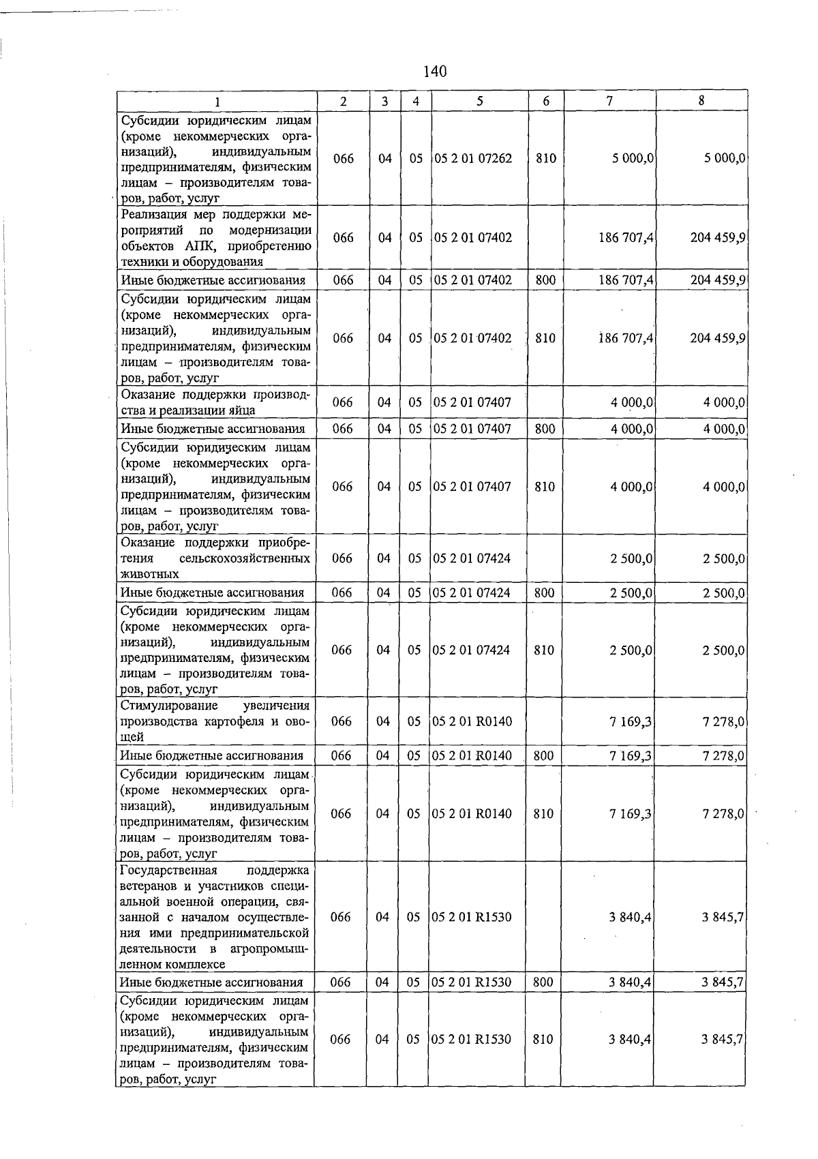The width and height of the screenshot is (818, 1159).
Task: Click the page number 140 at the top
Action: coord(434,71)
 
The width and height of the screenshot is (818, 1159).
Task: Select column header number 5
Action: coord(480,101)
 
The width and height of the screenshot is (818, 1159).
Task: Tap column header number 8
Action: coord(701,100)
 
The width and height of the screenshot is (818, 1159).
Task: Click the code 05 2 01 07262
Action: coord(473,158)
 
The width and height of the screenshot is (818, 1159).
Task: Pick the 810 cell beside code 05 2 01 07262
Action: coord(546,158)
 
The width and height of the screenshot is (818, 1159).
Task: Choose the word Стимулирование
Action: coord(169,706)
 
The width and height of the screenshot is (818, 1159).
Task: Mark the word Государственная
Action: coord(168,871)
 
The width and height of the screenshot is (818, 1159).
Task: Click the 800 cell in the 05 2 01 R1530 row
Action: coord(543,982)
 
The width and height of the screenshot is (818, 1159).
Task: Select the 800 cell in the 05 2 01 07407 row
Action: coord(545,429)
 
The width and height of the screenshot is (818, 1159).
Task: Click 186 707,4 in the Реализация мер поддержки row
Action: coord(623,238)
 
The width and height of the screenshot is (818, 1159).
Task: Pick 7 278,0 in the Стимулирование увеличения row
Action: coord(723,721)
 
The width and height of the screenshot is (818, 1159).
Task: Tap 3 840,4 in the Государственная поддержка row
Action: coord(630,917)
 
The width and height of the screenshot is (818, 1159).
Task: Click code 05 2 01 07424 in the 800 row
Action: coord(472,592)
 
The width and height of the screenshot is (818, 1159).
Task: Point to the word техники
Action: coord(143,261)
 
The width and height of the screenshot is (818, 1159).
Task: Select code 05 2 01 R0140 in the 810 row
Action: coord(472,813)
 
